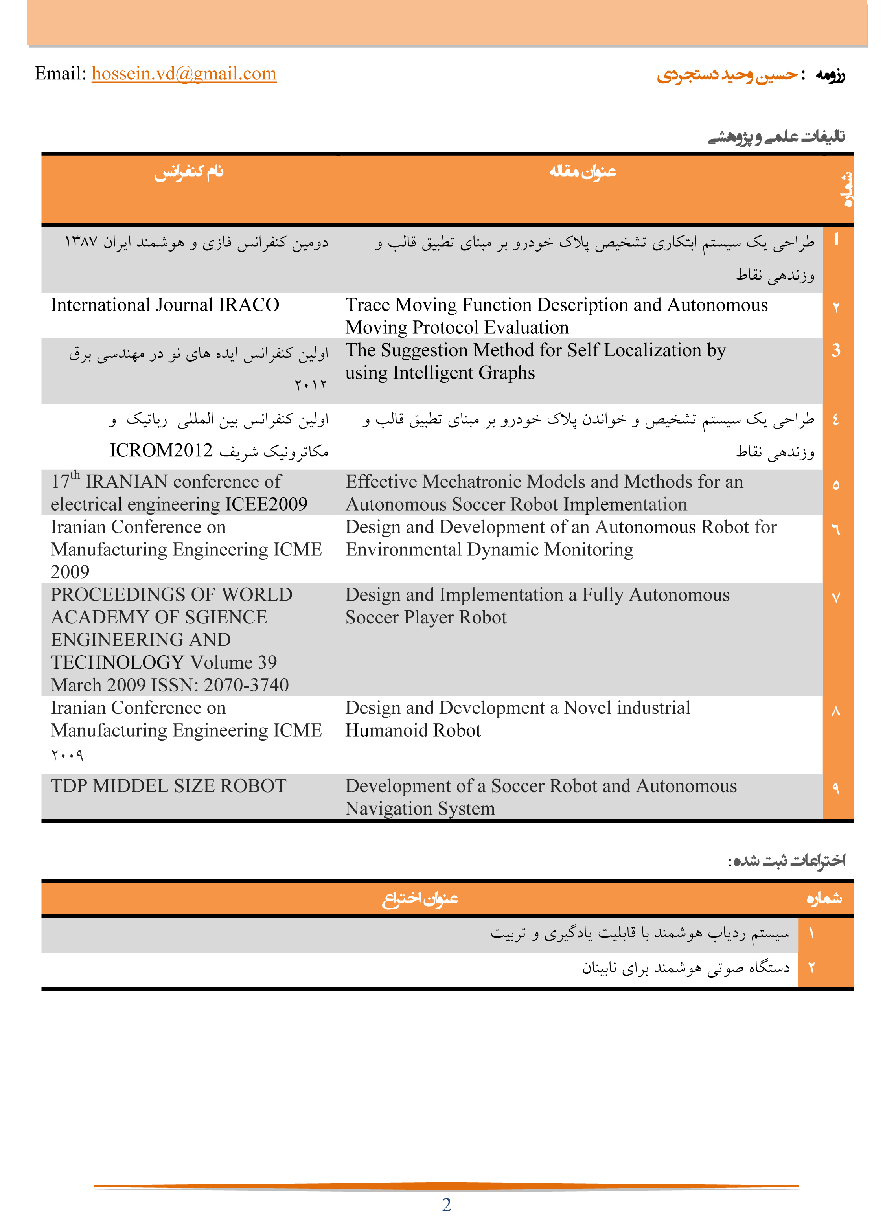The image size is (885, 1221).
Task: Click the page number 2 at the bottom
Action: [x=446, y=1204]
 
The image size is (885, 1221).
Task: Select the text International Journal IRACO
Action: [x=165, y=305]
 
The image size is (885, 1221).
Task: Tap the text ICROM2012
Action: [x=161, y=451]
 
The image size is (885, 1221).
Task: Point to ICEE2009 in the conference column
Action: [x=266, y=504]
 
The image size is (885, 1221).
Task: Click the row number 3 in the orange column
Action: [x=835, y=351]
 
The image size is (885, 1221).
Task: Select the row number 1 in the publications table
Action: [x=836, y=239]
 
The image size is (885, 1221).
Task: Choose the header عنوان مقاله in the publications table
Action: [x=582, y=172]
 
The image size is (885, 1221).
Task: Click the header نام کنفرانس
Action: [x=189, y=172]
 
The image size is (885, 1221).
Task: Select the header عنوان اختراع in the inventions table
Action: [x=420, y=899]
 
